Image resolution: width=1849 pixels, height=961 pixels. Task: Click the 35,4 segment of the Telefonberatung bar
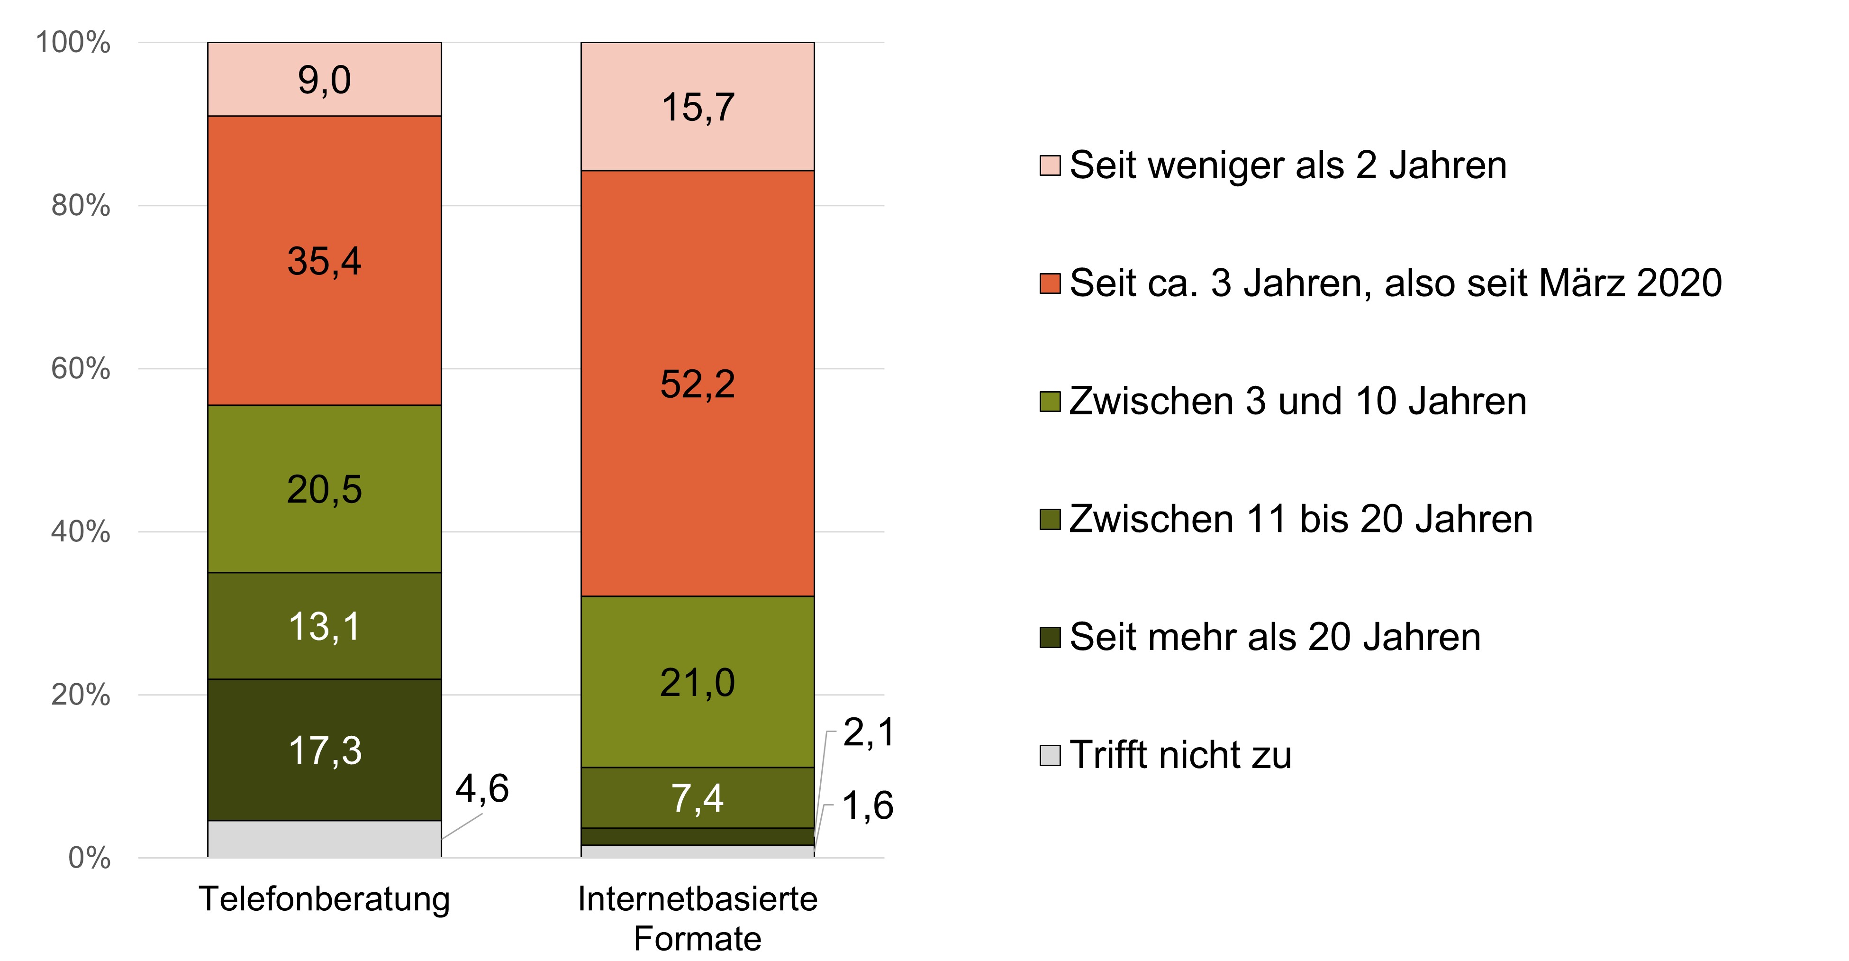(x=325, y=261)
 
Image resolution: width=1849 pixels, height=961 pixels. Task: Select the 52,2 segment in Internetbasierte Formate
(x=697, y=384)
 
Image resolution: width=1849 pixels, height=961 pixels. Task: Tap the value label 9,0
(x=325, y=80)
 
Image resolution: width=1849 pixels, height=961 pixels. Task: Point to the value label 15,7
(x=697, y=108)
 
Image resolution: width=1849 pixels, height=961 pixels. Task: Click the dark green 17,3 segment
(x=325, y=750)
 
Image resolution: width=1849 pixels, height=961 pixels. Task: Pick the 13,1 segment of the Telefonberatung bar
(x=325, y=626)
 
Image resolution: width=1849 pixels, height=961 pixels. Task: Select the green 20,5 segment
(x=325, y=489)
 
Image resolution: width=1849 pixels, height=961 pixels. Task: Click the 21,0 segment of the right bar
(x=697, y=682)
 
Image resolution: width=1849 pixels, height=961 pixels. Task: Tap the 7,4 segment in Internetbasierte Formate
(x=697, y=798)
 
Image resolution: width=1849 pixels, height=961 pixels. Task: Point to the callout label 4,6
(x=481, y=788)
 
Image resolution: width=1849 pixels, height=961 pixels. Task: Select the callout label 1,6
(x=867, y=805)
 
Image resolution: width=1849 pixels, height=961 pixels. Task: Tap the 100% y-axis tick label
(x=73, y=42)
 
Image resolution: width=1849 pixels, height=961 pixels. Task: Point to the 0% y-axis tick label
(x=89, y=858)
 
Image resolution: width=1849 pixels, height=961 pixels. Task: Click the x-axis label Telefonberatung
(x=325, y=898)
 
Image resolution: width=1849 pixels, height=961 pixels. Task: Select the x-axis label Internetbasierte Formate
(x=697, y=918)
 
